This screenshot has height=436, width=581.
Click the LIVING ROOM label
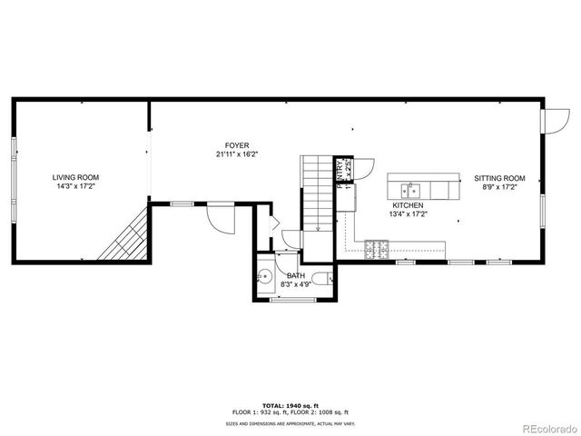pos(75,177)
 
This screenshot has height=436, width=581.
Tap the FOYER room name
pos(238,145)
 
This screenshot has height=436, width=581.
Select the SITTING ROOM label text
pos(499,178)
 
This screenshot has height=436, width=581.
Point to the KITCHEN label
pos(407,206)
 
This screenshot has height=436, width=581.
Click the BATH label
pos(296,275)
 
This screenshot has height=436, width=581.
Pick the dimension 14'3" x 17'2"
pos(75,186)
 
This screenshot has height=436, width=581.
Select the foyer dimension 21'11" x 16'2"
pos(238,154)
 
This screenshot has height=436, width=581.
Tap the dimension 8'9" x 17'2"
pos(499,187)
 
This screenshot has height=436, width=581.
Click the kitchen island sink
pos(411,190)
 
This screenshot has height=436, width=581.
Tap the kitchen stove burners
pos(377,246)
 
